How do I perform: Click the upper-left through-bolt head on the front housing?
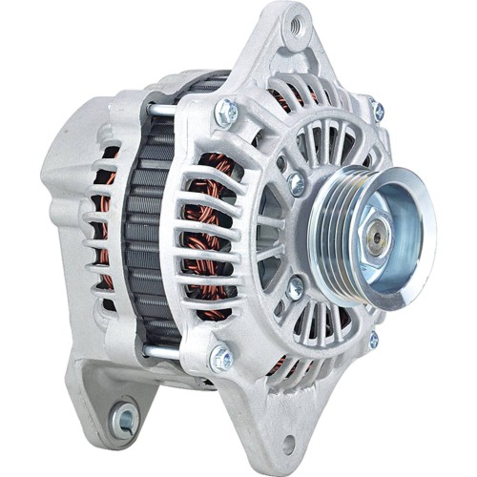(225, 112)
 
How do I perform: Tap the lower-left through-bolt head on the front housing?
(221, 359)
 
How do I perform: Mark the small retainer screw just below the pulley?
(297, 285)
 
